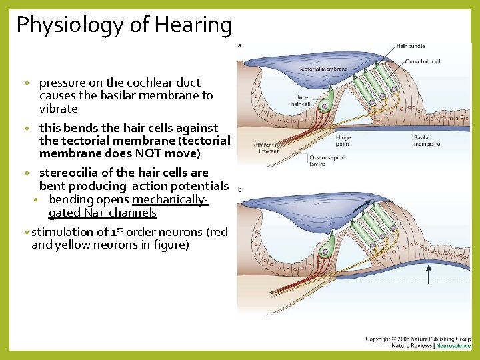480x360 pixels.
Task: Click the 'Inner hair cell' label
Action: (x=301, y=100)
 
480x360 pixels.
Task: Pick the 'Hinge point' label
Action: (x=343, y=140)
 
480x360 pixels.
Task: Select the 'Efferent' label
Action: (x=269, y=151)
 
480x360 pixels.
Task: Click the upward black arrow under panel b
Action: (x=428, y=273)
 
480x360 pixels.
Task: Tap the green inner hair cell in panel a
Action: (x=324, y=103)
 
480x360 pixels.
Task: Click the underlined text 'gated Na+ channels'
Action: (x=103, y=213)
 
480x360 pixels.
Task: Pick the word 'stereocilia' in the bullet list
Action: (x=67, y=173)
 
